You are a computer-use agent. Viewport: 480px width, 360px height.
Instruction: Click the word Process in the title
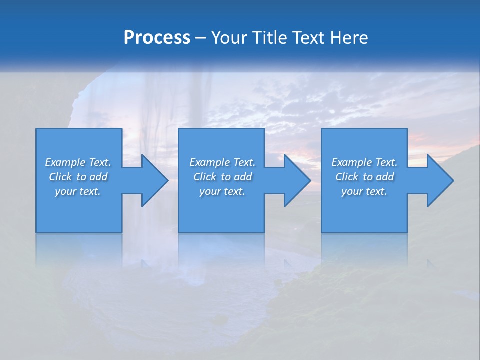[x=157, y=38]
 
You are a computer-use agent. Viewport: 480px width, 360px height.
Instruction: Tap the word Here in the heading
[x=348, y=38]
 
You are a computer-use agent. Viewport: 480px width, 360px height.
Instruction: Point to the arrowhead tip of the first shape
[x=168, y=180]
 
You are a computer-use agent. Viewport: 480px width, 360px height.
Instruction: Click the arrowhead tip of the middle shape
[x=310, y=180]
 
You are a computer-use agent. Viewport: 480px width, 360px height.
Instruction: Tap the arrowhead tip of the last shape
[x=453, y=180]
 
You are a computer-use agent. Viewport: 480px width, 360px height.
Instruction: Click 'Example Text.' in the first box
[x=78, y=162]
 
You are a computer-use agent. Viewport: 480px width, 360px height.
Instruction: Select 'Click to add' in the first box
[x=78, y=177]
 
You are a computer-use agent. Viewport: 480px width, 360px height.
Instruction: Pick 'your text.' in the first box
[x=78, y=191]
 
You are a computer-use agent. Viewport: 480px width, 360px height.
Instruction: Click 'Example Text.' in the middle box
[x=222, y=162]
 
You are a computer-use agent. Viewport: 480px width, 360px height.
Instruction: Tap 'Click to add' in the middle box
[x=222, y=177]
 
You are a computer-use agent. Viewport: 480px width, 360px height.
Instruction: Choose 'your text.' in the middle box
[x=222, y=191]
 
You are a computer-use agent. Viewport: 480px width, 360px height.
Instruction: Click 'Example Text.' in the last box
[x=364, y=162]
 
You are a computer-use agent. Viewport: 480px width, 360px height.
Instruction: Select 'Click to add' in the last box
[x=364, y=177]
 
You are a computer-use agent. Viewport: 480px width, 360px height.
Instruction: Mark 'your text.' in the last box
[x=364, y=191]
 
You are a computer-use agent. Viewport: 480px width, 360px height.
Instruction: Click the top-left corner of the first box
[x=36, y=129]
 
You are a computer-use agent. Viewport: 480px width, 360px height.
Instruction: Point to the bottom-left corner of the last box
[x=322, y=232]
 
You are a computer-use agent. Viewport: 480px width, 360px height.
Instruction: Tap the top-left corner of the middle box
[x=179, y=129]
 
